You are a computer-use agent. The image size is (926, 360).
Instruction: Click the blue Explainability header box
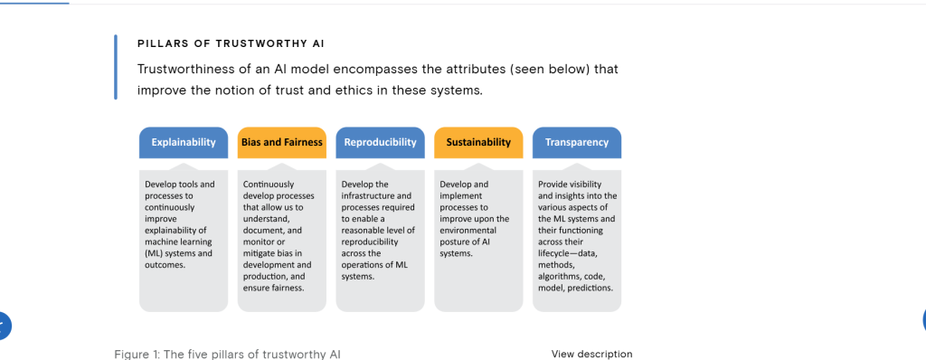(183, 143)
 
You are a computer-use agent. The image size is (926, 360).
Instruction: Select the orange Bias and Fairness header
(282, 143)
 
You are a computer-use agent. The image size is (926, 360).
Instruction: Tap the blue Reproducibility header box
(381, 143)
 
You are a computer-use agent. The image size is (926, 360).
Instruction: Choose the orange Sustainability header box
(478, 143)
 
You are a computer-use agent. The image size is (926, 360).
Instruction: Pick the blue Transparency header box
(577, 143)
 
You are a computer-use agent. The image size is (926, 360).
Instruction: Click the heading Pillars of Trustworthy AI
(231, 43)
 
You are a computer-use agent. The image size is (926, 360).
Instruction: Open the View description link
(591, 354)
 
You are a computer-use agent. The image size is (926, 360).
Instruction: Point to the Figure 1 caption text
(227, 355)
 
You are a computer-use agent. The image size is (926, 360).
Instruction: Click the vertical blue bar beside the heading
(116, 67)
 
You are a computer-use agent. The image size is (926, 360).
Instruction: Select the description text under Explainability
(180, 224)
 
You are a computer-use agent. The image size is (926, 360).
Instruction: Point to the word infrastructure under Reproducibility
(367, 195)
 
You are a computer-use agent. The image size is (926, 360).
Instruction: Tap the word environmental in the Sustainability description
(468, 231)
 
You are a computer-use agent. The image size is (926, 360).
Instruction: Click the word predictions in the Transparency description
(590, 289)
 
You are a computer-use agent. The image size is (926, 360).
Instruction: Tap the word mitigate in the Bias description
(259, 253)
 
